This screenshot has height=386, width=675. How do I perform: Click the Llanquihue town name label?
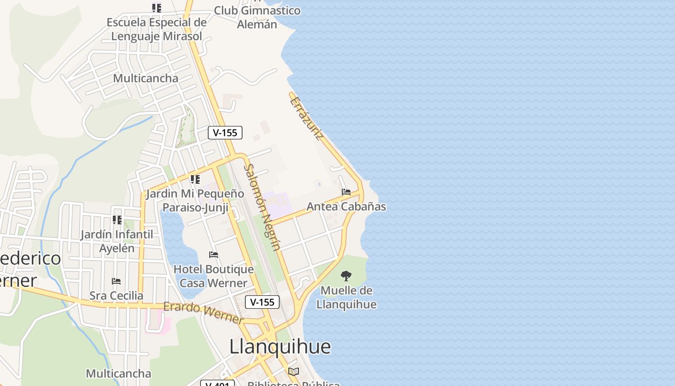point(280,346)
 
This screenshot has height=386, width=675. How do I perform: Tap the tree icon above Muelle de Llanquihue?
point(346,276)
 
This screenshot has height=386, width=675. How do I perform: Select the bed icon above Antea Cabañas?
point(346,192)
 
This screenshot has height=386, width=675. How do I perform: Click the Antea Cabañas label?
point(346,207)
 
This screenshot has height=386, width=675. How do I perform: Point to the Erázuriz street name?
point(307,118)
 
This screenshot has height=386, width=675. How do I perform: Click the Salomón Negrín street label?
point(262,207)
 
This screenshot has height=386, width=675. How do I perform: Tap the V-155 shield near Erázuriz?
point(225,133)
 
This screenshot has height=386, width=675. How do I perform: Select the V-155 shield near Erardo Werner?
point(262,303)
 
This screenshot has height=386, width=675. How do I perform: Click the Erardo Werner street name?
point(203,313)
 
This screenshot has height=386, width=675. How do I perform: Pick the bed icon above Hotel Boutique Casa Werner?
point(214,254)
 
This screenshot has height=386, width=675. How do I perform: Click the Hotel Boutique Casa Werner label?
point(214,276)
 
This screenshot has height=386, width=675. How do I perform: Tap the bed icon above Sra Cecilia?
point(116,281)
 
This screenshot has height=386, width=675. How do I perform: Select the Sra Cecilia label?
point(116,296)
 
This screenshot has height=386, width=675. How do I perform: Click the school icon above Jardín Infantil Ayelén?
point(117,220)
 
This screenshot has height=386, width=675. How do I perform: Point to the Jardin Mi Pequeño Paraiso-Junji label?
point(195,201)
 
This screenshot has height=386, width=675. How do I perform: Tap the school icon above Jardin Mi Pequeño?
point(195,179)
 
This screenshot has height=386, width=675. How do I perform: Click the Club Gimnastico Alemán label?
point(257,17)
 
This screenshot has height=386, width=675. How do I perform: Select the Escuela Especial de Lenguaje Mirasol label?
point(157,29)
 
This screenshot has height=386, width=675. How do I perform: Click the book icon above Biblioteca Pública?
point(294,372)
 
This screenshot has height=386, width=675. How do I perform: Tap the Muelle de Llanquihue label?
point(346,298)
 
